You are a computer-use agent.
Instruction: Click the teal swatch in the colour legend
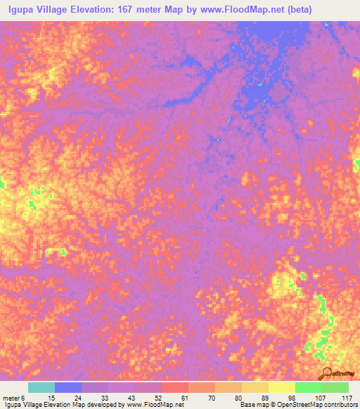click(41, 387)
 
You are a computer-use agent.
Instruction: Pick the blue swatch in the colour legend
click(68, 387)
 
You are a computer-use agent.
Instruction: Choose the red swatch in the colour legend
click(175, 387)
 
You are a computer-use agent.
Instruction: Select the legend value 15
click(42, 398)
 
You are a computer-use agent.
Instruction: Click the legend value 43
click(122, 398)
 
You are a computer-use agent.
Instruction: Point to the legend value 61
click(176, 398)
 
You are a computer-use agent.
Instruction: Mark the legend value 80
click(229, 398)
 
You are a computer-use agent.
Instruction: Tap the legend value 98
click(283, 398)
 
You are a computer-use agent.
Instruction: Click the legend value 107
click(309, 398)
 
